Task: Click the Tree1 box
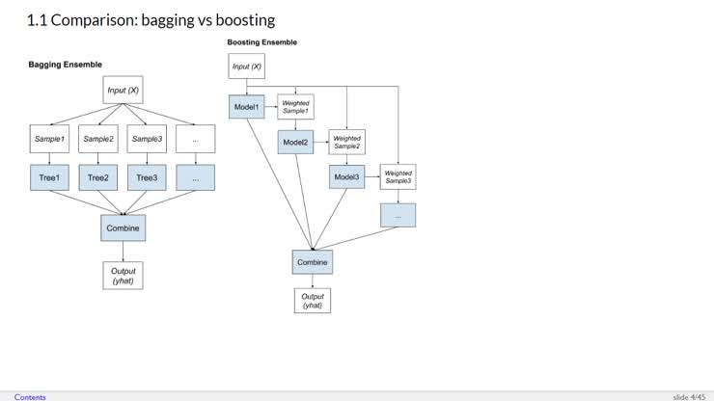(48, 177)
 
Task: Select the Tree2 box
(97, 177)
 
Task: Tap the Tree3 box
(147, 177)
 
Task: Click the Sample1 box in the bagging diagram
(48, 139)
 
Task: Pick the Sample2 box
(97, 139)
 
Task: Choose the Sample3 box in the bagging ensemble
(147, 139)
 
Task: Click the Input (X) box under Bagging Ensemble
(123, 90)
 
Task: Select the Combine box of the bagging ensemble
(123, 228)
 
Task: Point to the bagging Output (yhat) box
(123, 276)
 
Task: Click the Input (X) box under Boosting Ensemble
(246, 66)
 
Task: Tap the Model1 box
(246, 106)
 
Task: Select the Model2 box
(296, 142)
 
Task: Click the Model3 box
(346, 176)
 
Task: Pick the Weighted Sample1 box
(295, 106)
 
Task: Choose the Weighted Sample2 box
(346, 142)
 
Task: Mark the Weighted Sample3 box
(398, 176)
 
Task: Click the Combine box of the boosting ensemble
(312, 262)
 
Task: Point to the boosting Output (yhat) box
(312, 300)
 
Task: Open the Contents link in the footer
(30, 396)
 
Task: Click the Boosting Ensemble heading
(261, 42)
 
